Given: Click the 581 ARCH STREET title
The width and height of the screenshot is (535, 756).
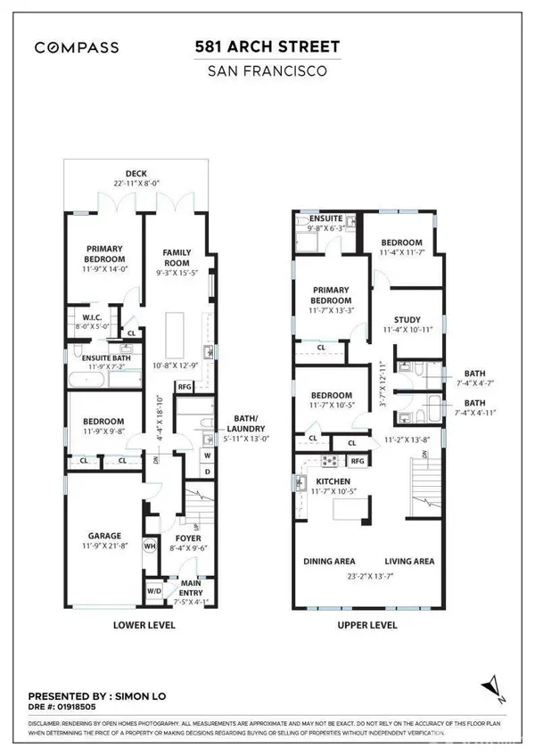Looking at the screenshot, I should (x=267, y=45).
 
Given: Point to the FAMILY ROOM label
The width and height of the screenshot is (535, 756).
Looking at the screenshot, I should (x=177, y=259).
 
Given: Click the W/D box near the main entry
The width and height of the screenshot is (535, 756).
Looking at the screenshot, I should (x=154, y=589).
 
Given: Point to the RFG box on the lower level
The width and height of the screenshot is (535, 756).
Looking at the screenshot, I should (x=185, y=387).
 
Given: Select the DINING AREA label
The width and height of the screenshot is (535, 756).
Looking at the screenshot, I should (x=330, y=562).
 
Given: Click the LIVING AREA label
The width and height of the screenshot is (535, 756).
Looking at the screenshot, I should (x=408, y=562).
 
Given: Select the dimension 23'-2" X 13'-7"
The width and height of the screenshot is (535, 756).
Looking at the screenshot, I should (x=368, y=575).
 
